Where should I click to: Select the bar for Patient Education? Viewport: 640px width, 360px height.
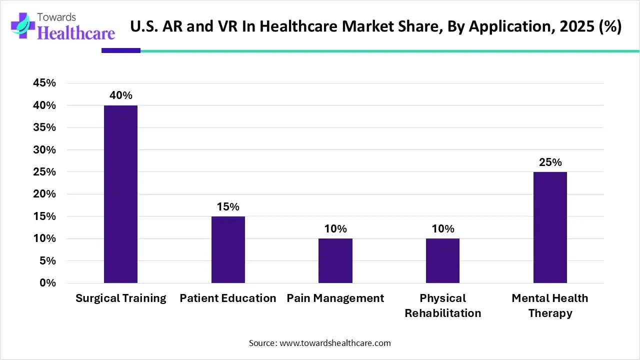(x=228, y=249)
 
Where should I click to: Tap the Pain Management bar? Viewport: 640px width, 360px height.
(x=335, y=260)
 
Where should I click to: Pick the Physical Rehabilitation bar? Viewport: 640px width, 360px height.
(x=442, y=260)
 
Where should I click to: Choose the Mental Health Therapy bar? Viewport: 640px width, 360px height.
(x=550, y=227)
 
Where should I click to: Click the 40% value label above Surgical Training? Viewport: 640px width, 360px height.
(x=121, y=95)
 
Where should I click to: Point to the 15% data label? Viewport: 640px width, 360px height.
(x=228, y=206)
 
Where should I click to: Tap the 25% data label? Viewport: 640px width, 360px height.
(x=550, y=162)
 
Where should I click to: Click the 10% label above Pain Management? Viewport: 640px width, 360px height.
(x=335, y=229)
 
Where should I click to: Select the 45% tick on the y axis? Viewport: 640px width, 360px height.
(x=44, y=83)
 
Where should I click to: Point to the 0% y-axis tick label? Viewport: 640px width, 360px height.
(x=48, y=283)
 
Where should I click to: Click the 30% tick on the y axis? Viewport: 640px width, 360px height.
(x=44, y=150)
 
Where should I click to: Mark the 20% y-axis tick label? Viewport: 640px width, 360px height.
(x=44, y=194)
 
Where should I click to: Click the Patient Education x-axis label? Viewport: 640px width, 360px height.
(x=228, y=298)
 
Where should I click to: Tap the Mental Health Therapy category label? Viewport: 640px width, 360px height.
(x=550, y=305)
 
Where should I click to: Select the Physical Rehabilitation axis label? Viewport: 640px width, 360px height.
(x=442, y=305)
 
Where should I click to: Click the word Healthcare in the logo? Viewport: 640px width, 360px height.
(x=76, y=33)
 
